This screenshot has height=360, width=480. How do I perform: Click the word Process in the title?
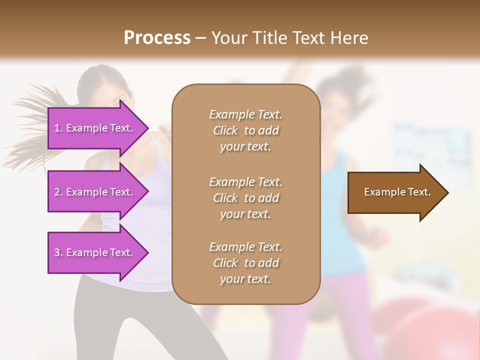[157, 38]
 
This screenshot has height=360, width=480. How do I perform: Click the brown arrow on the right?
[395, 192]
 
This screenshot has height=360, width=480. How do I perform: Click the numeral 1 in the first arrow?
[57, 128]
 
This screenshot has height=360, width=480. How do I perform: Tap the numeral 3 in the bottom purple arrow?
[57, 252]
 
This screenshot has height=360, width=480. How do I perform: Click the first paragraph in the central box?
[245, 130]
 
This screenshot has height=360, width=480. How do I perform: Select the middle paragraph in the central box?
[245, 197]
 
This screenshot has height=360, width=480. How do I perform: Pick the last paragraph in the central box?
[245, 263]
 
